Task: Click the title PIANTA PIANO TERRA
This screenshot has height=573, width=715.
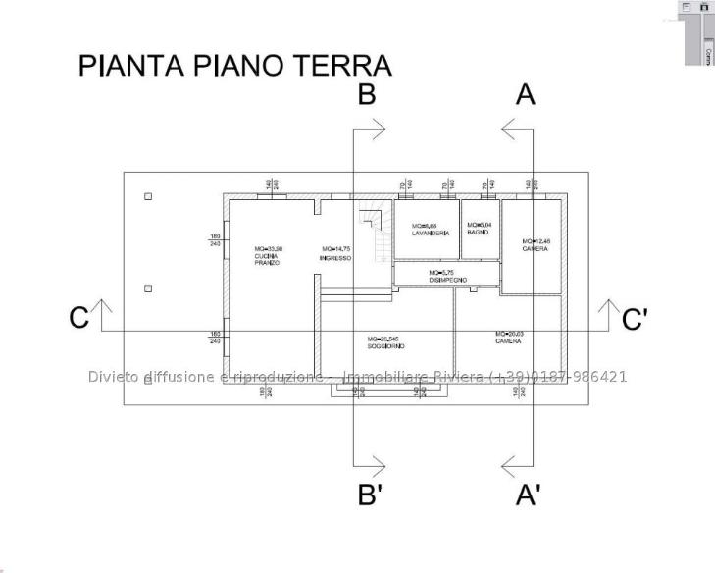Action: tap(235, 66)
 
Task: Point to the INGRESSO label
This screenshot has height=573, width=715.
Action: tap(336, 254)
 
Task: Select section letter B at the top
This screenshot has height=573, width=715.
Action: tap(366, 94)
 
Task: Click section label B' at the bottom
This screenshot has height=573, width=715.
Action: tap(370, 495)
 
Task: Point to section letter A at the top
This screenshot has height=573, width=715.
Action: tap(526, 94)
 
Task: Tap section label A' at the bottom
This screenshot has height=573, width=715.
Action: tap(529, 495)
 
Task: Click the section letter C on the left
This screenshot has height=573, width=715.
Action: tap(79, 319)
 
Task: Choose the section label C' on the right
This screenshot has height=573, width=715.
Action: tap(635, 320)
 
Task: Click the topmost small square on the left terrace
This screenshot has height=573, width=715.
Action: tap(148, 196)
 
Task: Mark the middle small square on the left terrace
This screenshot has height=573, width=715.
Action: tap(148, 288)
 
